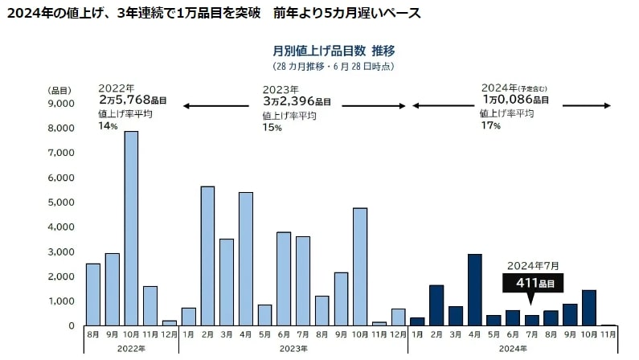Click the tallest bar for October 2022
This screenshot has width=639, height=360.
(x=131, y=228)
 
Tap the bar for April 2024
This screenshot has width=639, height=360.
(x=474, y=289)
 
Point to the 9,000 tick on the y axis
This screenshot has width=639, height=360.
(x=63, y=103)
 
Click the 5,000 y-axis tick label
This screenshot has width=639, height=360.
(x=63, y=202)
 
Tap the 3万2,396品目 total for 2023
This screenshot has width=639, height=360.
(x=297, y=102)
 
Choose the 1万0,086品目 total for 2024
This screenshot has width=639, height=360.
(x=515, y=100)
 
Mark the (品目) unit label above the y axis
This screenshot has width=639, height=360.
(x=59, y=89)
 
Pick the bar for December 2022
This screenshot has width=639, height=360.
(x=170, y=323)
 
